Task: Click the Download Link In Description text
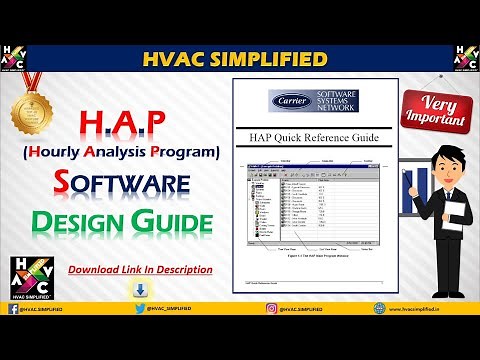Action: tap(139, 269)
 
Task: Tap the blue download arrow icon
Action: tap(139, 291)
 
